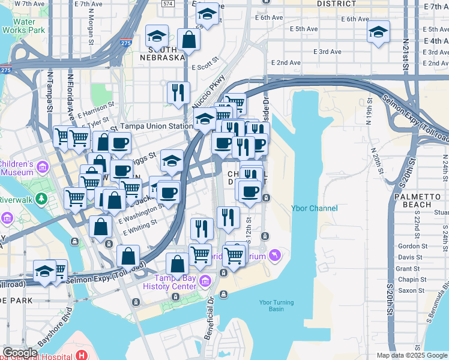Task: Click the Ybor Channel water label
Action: tap(315, 208)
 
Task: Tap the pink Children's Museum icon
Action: tap(43, 166)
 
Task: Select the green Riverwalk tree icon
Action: tap(41, 197)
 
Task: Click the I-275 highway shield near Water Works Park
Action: tap(6, 70)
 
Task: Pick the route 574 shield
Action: tap(168, 4)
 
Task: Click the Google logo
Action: tap(20, 353)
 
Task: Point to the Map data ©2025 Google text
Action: tap(411, 355)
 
